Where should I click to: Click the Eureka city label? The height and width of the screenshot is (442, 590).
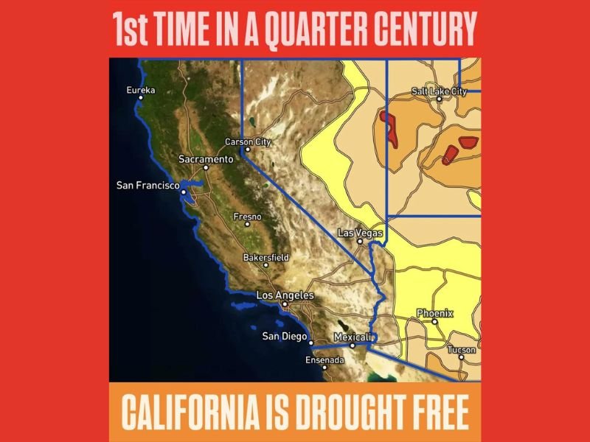pyautogui.click(x=142, y=91)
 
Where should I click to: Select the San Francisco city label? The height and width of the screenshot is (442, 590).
pyautogui.click(x=148, y=185)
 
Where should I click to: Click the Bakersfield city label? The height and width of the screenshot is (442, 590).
pyautogui.click(x=266, y=258)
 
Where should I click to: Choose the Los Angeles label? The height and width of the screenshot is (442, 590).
pyautogui.click(x=285, y=295)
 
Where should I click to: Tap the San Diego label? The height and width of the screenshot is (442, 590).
pyautogui.click(x=284, y=337)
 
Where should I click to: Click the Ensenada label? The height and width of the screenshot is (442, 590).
pyautogui.click(x=324, y=360)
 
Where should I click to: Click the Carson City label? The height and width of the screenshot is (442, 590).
pyautogui.click(x=248, y=141)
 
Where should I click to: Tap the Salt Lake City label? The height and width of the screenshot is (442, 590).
pyautogui.click(x=439, y=91)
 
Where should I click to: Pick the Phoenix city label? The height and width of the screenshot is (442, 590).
pyautogui.click(x=435, y=314)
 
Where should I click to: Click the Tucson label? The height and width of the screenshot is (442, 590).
pyautogui.click(x=461, y=350)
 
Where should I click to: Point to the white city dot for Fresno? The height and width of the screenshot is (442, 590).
pyautogui.click(x=248, y=224)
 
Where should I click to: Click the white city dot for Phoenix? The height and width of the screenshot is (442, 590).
pyautogui.click(x=435, y=321)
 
